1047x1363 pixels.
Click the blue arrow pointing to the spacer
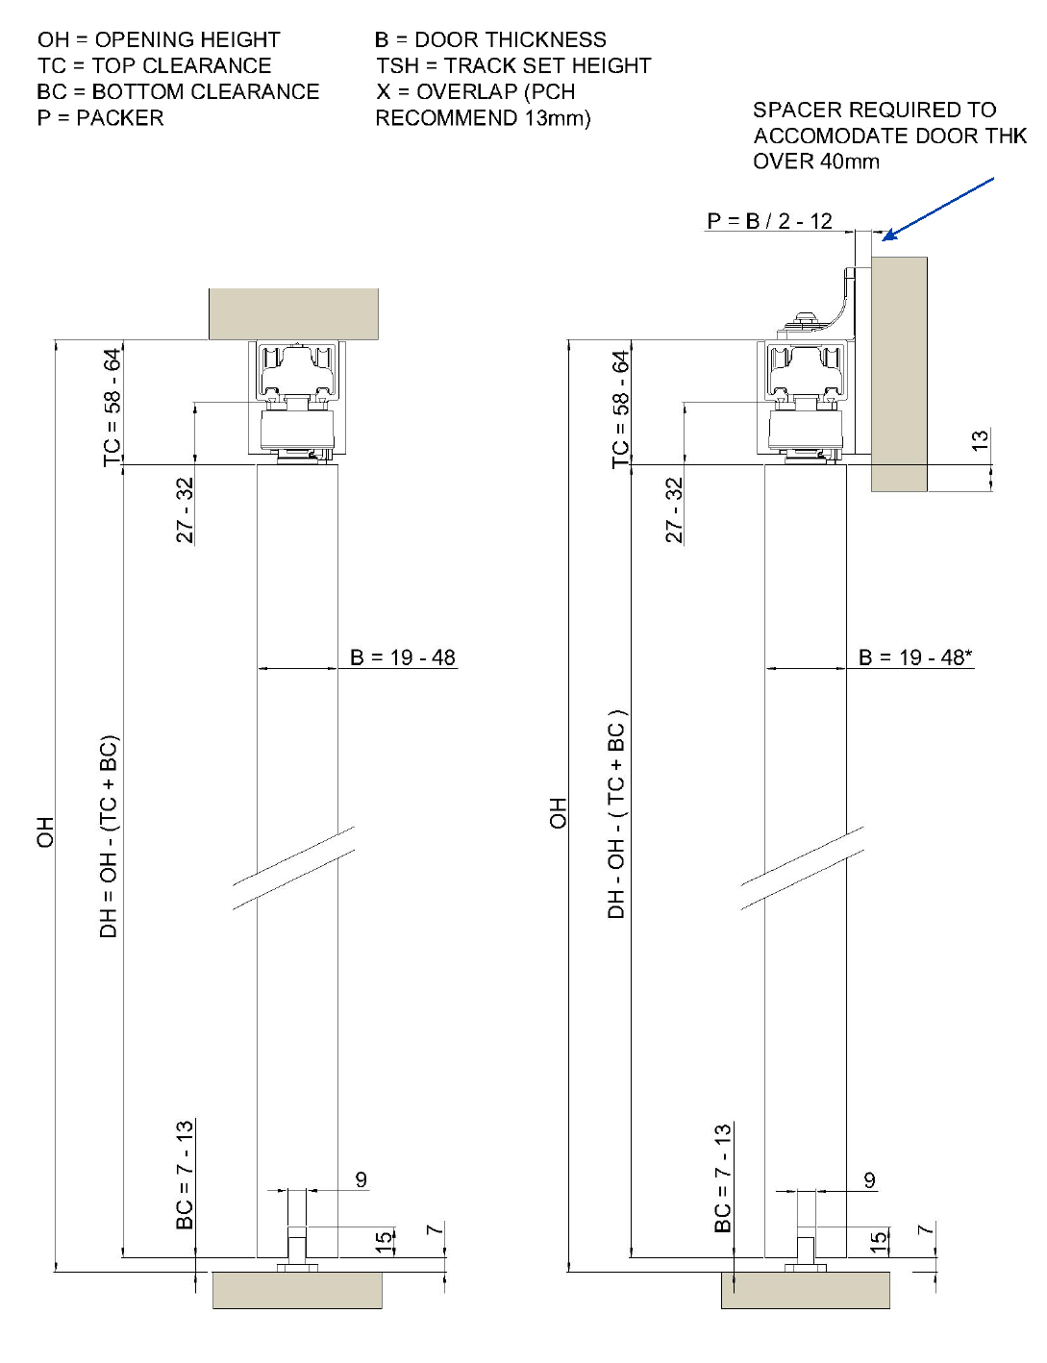[x=937, y=208]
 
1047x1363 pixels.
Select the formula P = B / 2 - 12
[x=769, y=221]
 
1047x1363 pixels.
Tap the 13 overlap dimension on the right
[x=980, y=441]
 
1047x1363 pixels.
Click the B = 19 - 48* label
[x=914, y=657]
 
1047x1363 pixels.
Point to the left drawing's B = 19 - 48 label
[x=402, y=657]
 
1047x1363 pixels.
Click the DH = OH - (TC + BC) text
[x=109, y=836]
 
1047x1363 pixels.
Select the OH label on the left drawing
[x=45, y=832]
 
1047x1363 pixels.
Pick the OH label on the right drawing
[x=559, y=813]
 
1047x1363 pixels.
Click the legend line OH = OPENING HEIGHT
[x=159, y=39]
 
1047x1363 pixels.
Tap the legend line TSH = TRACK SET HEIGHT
[x=513, y=65]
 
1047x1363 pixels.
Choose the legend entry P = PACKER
[x=100, y=117]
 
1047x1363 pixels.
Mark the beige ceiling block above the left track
[x=293, y=313]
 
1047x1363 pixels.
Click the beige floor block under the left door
[x=297, y=1290]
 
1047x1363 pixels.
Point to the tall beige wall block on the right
[x=899, y=375]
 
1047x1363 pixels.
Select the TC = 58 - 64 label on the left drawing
[x=112, y=408]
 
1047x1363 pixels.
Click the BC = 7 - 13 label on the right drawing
[x=723, y=1177]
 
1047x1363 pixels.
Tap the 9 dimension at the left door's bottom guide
[x=361, y=1179]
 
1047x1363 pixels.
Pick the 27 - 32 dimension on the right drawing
[x=675, y=510]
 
